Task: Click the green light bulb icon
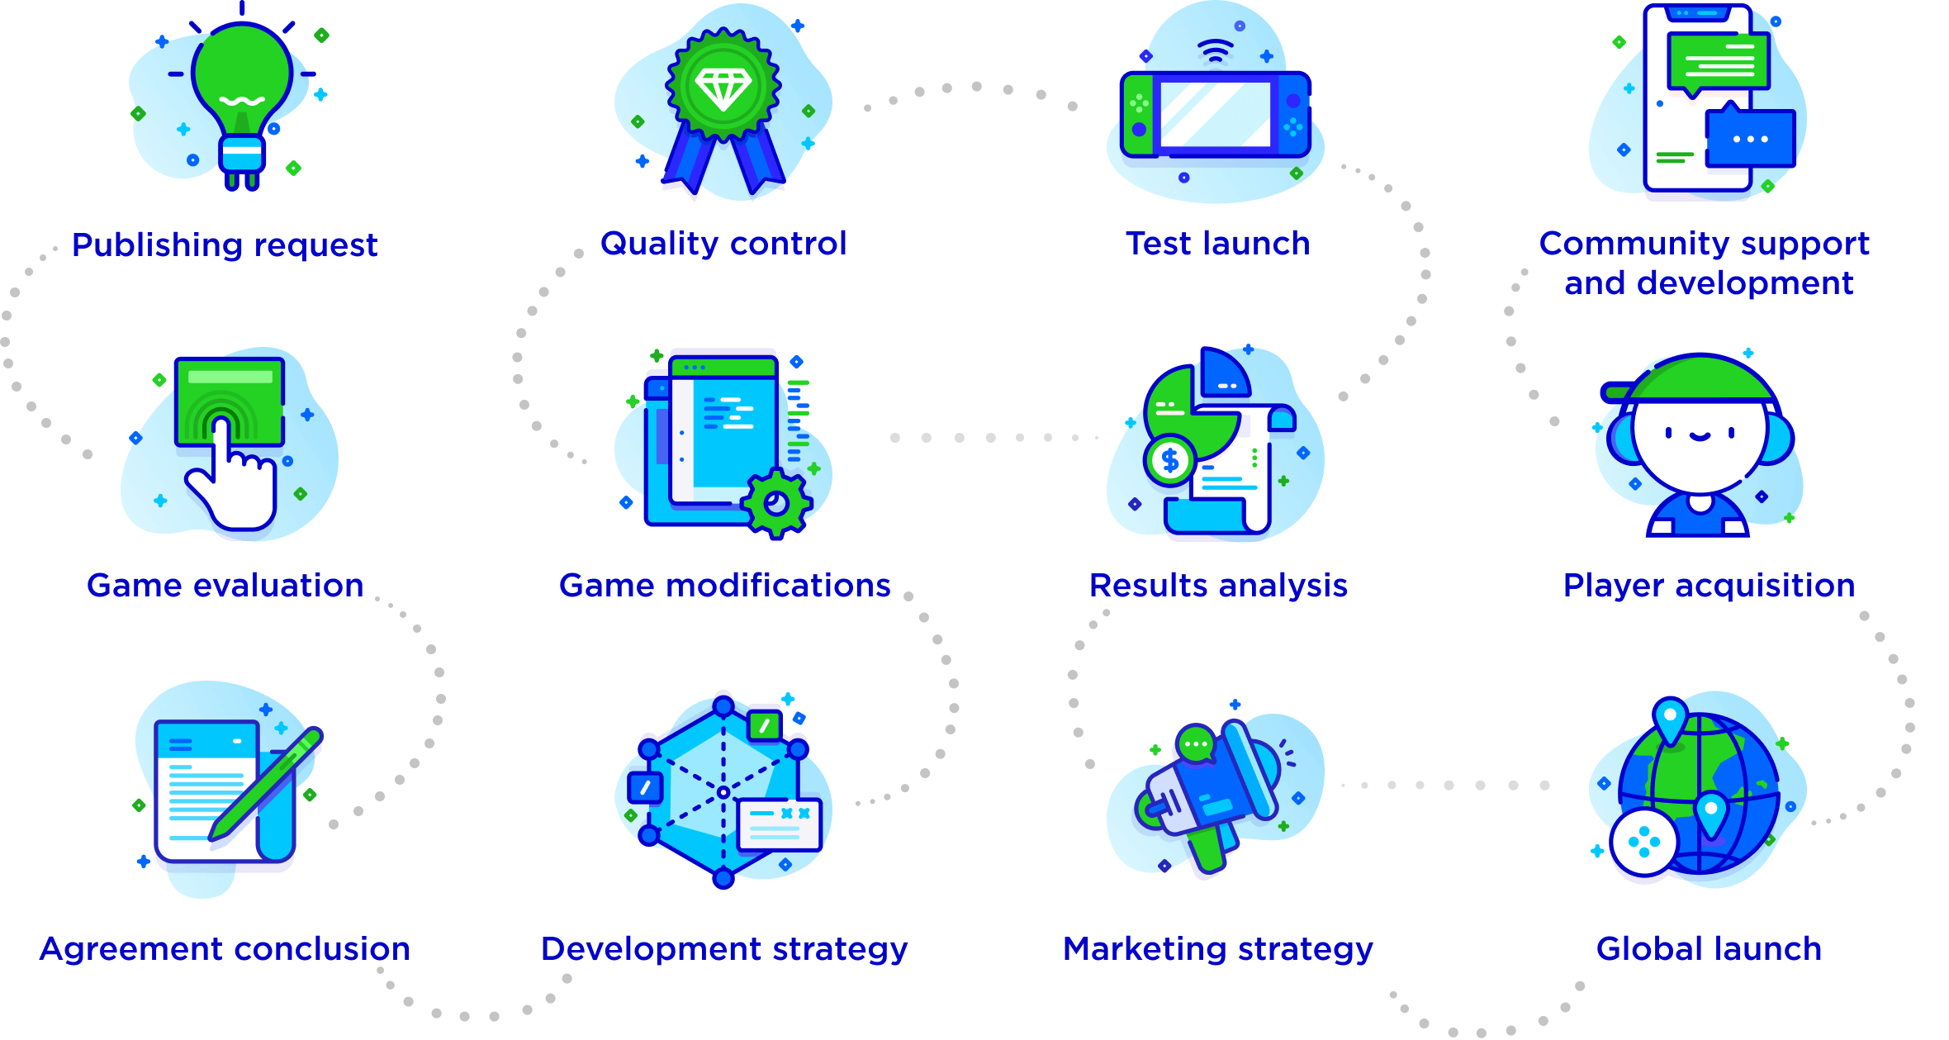click(242, 78)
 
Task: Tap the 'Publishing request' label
click(225, 245)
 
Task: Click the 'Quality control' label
click(723, 243)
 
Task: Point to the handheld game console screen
click(1215, 115)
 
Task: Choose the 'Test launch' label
click(1218, 243)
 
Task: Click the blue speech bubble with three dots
click(1750, 138)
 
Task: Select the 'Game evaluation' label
click(225, 585)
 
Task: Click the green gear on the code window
click(775, 502)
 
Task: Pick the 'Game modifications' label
click(724, 585)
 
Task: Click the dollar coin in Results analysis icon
click(1170, 460)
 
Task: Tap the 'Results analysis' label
click(1218, 585)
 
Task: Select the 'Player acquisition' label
click(1709, 585)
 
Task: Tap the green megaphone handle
click(1207, 851)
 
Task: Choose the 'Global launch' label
click(1709, 948)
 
